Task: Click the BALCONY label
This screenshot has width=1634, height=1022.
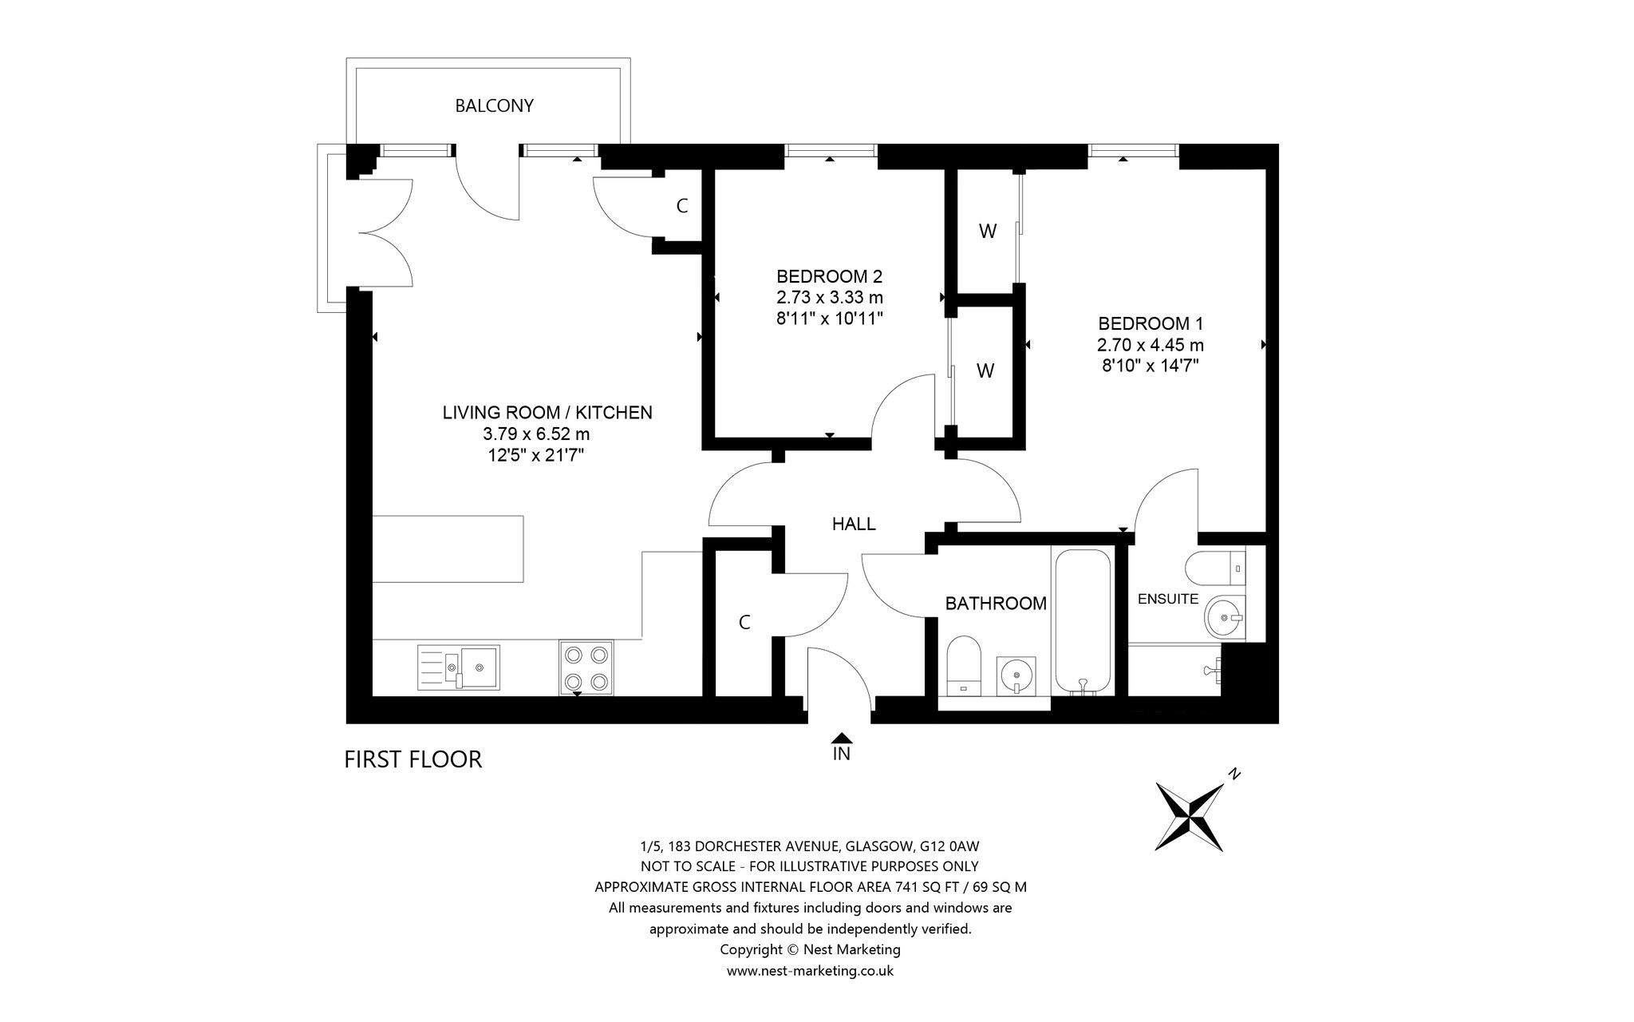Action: click(494, 105)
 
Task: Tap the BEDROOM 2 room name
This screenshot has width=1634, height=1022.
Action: click(830, 276)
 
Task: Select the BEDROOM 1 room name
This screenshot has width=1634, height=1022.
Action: click(1151, 323)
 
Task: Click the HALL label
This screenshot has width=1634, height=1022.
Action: click(854, 524)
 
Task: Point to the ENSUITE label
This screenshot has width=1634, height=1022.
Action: click(1168, 599)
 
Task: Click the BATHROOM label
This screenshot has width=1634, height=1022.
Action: click(996, 604)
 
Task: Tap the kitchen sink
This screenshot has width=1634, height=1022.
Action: click(458, 667)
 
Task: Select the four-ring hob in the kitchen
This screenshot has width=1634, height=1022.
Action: click(586, 667)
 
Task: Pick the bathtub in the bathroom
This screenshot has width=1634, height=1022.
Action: click(1082, 621)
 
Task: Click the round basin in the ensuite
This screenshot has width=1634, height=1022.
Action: click(1223, 617)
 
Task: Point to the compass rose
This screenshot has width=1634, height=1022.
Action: click(1190, 817)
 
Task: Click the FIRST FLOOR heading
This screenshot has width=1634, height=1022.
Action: click(413, 759)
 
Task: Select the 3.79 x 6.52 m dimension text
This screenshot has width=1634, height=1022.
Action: click(536, 434)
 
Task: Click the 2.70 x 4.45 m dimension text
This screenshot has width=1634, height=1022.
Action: click(1151, 345)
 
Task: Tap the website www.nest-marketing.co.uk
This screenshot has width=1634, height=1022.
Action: click(810, 971)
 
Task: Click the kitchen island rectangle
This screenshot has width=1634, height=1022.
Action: click(448, 549)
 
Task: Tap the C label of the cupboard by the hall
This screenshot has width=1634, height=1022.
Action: click(744, 623)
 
